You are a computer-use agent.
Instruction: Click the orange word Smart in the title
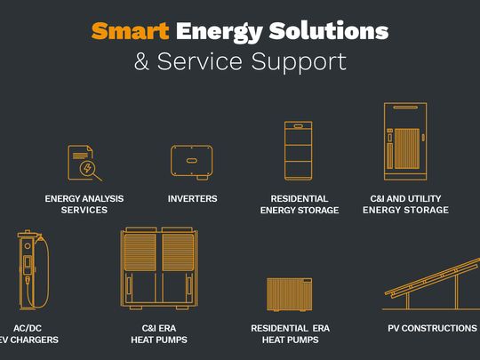(x=130, y=31)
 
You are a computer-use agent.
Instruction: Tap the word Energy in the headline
(x=219, y=32)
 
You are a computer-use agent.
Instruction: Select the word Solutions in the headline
(x=329, y=30)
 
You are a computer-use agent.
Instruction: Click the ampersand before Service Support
(x=141, y=61)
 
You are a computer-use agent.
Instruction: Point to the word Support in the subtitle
(x=299, y=63)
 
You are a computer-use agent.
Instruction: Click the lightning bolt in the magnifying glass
(x=87, y=168)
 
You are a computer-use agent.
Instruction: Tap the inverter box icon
(x=192, y=163)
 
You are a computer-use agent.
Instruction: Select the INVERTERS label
(x=192, y=199)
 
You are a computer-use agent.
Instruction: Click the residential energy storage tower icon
(x=299, y=150)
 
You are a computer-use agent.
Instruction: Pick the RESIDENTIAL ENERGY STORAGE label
(x=300, y=204)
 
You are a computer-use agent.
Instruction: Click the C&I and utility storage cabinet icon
(x=405, y=141)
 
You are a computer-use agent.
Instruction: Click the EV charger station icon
(x=34, y=269)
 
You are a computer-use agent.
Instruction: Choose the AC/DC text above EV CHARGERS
(x=28, y=328)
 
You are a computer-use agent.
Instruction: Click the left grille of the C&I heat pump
(x=140, y=252)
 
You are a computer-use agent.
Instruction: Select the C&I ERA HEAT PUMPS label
(x=159, y=333)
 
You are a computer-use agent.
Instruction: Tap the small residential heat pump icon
(x=289, y=294)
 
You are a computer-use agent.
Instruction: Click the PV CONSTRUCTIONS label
(x=432, y=328)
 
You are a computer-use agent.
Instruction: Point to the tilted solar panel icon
(x=432, y=284)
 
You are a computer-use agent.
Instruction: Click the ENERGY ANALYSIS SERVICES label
(x=84, y=204)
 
